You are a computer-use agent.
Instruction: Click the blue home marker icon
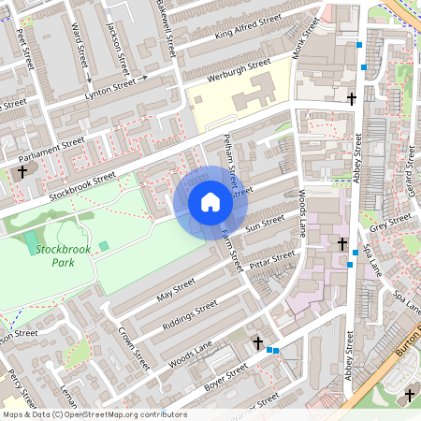coord(210,202)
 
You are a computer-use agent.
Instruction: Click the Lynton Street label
coord(110,90)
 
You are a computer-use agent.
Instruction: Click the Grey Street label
coord(390,222)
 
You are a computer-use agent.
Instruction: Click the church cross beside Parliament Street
coord(23,172)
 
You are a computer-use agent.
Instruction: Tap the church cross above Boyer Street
coord(258,344)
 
